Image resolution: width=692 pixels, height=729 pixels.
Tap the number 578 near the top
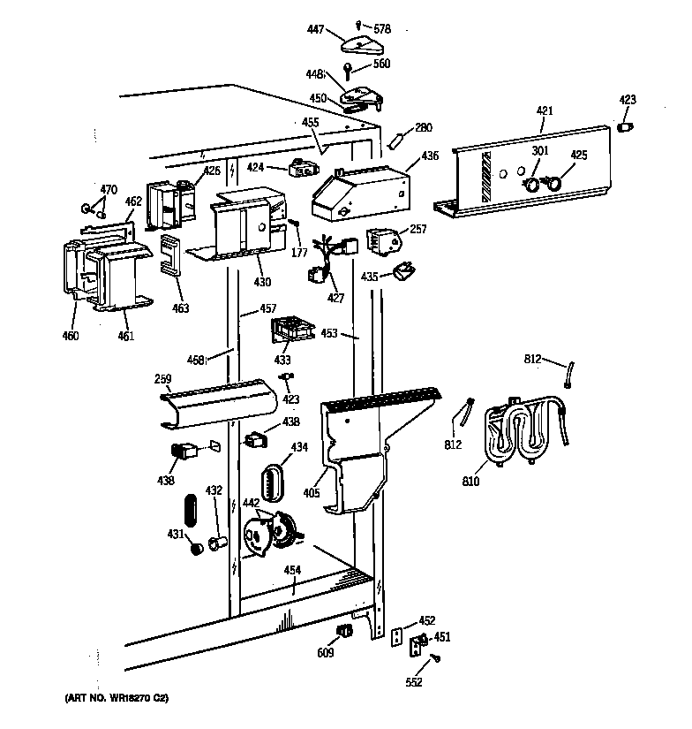coord(381,30)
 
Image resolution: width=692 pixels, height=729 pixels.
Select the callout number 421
coord(545,110)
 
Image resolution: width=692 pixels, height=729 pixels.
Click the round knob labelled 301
coord(531,184)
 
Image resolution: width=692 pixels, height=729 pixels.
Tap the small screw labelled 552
coord(436,657)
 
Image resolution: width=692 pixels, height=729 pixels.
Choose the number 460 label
coord(70,335)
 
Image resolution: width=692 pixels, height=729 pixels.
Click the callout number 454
coord(292,570)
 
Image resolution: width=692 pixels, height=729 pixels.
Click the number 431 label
coord(176,533)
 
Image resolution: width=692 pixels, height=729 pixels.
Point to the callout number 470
coord(108,189)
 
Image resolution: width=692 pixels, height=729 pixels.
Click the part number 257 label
coord(418,229)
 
